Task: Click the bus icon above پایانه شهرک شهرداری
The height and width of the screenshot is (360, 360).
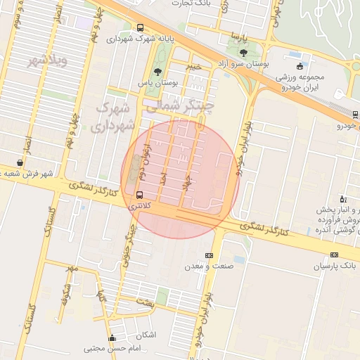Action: (140, 28)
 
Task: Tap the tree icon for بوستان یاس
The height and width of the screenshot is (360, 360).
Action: (157, 71)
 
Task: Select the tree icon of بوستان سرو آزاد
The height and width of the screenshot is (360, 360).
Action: (243, 53)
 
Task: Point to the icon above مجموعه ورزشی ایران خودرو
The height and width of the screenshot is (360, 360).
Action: (300, 65)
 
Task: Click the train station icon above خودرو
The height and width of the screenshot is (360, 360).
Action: (354, 114)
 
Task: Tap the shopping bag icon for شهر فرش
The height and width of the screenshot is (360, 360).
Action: (19, 162)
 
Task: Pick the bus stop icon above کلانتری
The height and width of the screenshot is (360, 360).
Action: (139, 195)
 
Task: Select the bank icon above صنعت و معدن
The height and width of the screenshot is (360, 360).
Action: (209, 255)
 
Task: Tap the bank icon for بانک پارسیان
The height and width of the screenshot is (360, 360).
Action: (334, 255)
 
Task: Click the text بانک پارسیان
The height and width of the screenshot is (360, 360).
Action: (335, 266)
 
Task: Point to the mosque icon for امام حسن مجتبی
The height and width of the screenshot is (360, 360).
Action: (112, 337)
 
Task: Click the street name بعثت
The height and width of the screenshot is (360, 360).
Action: (144, 302)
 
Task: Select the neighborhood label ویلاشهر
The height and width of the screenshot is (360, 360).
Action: (47, 61)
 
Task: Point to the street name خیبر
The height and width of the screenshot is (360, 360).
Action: (194, 66)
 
